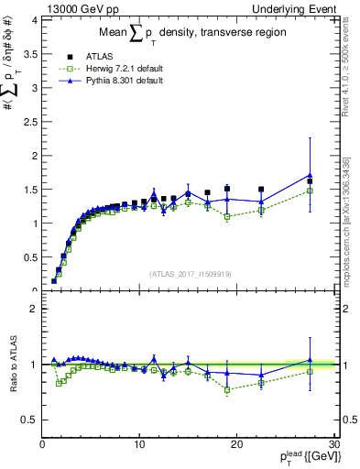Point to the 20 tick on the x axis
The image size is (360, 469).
pos(236,445)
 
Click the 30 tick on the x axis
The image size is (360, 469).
pos(333,445)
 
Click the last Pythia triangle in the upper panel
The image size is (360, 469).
pos(311,175)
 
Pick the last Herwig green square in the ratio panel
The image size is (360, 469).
pos(311,371)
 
